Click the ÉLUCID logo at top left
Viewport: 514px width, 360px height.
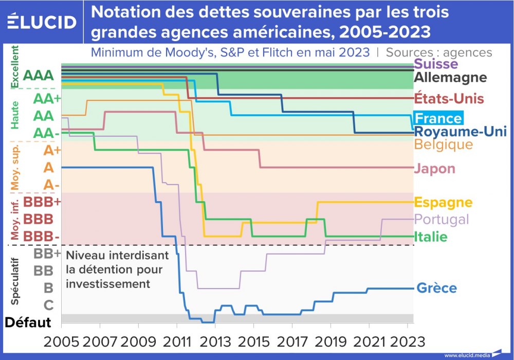tap(42, 22)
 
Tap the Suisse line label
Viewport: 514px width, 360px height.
tap(435, 64)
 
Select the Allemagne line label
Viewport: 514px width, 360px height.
tap(450, 78)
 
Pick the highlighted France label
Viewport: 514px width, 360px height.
tap(438, 118)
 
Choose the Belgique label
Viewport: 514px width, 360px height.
tap(443, 144)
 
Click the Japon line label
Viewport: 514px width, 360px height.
tap(434, 169)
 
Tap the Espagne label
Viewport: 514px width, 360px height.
tap(443, 202)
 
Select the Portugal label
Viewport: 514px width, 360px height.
tap(442, 219)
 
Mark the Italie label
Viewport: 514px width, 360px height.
tap(430, 237)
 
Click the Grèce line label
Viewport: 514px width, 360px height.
tap(436, 288)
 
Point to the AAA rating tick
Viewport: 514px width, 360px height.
tap(39, 75)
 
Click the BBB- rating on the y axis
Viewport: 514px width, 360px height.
tap(42, 236)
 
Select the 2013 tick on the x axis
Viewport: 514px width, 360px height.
tap(215, 341)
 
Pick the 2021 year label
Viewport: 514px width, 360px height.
tap(369, 341)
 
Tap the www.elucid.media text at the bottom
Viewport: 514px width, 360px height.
tap(467, 355)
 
